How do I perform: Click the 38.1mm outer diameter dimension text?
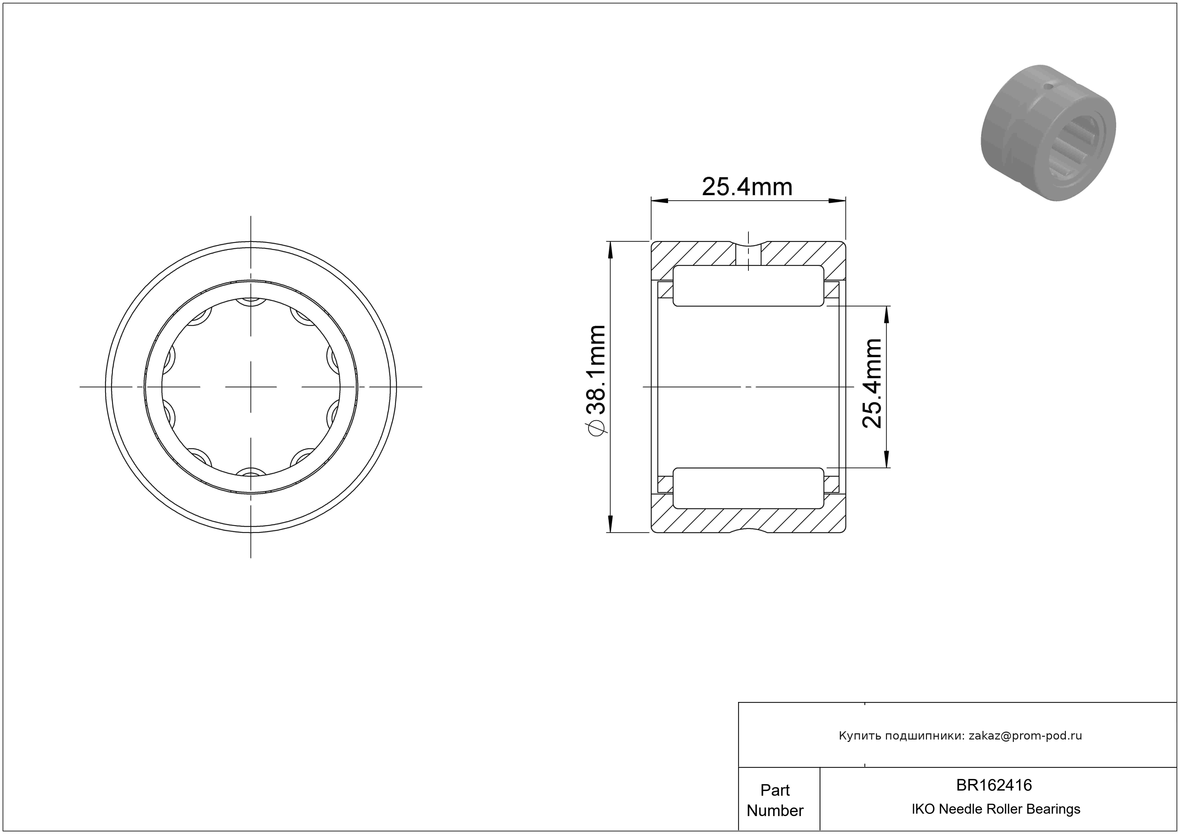tap(596, 370)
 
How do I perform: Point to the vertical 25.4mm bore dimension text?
tap(872, 383)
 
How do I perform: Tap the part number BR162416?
tap(994, 785)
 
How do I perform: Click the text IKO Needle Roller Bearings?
tap(996, 809)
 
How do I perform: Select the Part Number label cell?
tap(775, 800)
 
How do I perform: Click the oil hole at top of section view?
tap(748, 254)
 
